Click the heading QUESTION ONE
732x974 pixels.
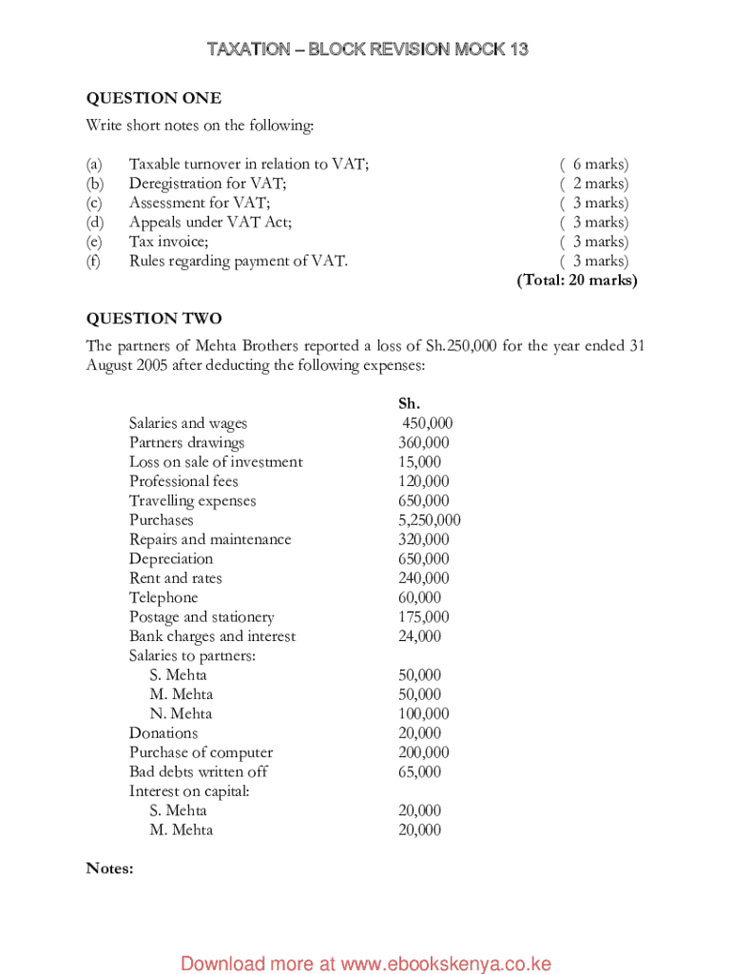click(154, 98)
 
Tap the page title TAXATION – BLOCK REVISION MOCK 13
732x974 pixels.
click(367, 49)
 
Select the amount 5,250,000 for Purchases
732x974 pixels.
click(429, 520)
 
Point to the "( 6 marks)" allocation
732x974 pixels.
click(594, 165)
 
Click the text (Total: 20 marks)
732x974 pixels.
click(577, 281)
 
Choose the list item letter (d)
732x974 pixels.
click(93, 223)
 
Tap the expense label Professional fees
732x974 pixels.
click(183, 481)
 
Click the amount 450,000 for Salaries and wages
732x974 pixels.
click(427, 423)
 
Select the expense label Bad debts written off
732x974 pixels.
click(198, 771)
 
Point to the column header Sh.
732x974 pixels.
click(409, 403)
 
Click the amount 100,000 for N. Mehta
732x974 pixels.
click(423, 713)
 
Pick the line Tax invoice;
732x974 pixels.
click(169, 242)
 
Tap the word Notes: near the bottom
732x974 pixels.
click(109, 868)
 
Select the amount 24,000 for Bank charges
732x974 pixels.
click(419, 636)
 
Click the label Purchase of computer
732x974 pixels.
click(201, 752)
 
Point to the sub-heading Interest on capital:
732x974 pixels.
click(189, 791)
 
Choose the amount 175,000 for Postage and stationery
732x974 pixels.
click(423, 617)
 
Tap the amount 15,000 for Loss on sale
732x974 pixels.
click(419, 462)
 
